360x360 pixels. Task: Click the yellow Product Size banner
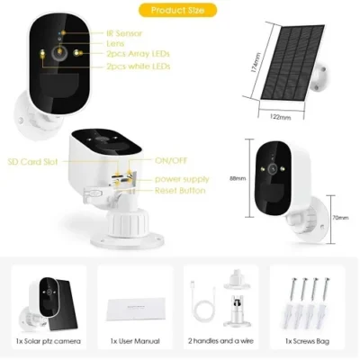(x=184, y=10)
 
